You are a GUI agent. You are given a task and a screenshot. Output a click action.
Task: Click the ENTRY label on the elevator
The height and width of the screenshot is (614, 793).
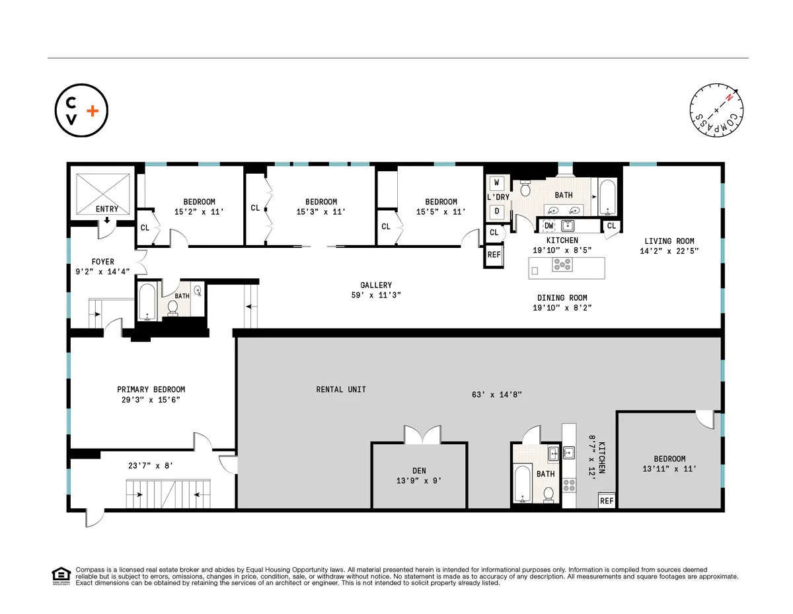(x=107, y=209)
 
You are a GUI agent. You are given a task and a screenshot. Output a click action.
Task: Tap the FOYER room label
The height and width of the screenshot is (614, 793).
(x=102, y=262)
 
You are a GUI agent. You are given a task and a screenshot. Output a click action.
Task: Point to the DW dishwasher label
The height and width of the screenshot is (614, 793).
(x=548, y=226)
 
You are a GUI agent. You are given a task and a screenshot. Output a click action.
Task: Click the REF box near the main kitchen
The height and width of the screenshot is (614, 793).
(x=494, y=255)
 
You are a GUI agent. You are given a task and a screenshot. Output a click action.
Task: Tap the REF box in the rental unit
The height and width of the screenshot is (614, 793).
(x=607, y=500)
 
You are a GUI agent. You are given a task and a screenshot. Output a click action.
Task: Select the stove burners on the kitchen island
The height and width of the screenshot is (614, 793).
(x=563, y=266)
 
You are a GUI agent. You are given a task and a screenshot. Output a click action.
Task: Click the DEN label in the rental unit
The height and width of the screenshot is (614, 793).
(x=420, y=471)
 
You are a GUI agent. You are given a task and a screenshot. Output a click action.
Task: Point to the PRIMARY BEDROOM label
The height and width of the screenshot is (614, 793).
(x=151, y=389)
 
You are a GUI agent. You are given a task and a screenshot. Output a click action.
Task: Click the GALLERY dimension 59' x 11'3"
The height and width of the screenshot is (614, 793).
(x=376, y=295)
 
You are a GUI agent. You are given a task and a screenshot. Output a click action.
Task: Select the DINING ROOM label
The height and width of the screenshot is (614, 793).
(x=562, y=297)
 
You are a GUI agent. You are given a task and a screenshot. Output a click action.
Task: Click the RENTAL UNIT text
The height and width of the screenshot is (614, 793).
(x=341, y=389)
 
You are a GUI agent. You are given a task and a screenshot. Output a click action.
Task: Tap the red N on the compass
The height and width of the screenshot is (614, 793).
(x=729, y=98)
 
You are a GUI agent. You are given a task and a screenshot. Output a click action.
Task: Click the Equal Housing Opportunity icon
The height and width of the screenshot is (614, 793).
(x=61, y=576)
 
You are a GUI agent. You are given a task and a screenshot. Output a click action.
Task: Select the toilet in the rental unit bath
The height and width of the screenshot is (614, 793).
(x=548, y=494)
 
